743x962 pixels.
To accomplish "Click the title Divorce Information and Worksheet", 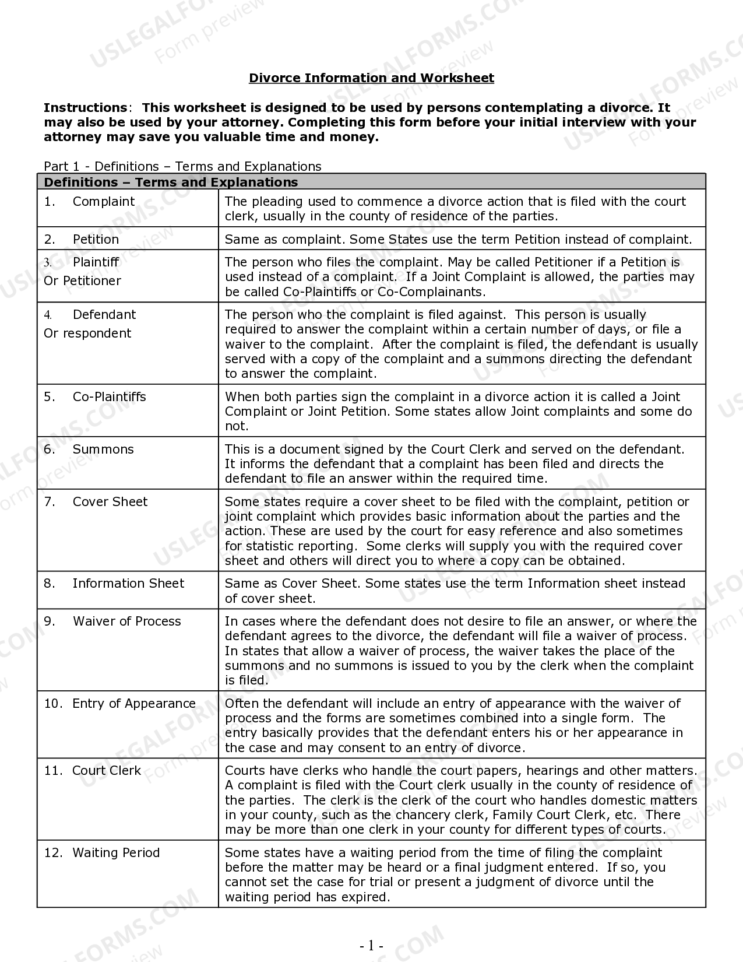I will coord(371,78).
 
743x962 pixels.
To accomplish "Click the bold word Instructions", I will coord(85,108).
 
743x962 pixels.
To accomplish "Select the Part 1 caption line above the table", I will coord(182,167).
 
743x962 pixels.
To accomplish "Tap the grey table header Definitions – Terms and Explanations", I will coord(171,182).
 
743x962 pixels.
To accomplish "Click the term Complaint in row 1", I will coord(103,202).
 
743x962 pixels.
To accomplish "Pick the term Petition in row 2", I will coord(96,240).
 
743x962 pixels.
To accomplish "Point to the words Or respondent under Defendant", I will coord(87,333).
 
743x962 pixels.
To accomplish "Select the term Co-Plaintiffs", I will coord(109,397).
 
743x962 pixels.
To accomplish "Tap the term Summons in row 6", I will coord(103,450).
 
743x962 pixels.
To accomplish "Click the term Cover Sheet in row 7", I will coord(110,502).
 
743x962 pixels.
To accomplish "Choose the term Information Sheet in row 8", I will coord(128,584).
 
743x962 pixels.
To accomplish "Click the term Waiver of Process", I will coord(126,622).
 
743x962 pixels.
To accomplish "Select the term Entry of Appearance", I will coord(133,704).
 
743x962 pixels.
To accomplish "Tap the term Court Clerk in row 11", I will coord(106,771).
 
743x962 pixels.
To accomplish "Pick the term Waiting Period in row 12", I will coord(115,853).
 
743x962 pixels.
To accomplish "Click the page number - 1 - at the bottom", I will coord(371,946).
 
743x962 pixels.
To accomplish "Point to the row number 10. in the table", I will coord(53,704).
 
